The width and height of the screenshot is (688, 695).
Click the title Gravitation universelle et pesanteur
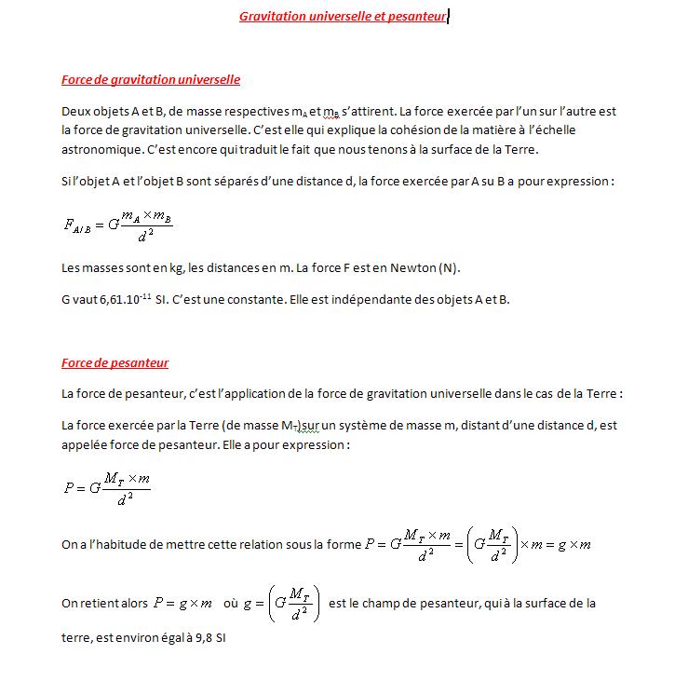coord(343,17)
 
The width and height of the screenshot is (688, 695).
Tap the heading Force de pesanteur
coord(115,362)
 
